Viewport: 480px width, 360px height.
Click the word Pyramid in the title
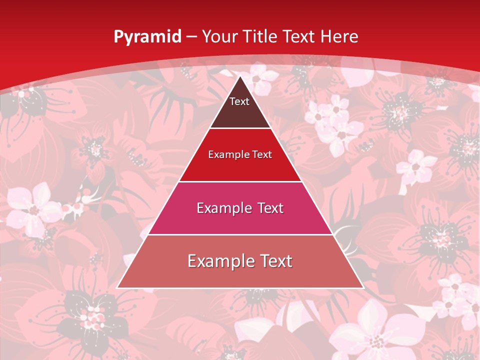(x=147, y=37)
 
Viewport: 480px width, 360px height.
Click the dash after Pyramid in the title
(x=191, y=37)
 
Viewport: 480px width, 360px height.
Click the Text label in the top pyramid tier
(x=239, y=101)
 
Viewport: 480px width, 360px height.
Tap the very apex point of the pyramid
(x=240, y=76)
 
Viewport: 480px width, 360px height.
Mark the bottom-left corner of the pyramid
(x=117, y=288)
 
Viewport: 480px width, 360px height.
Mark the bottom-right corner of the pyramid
(x=363, y=288)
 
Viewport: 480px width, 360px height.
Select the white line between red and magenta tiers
(x=240, y=181)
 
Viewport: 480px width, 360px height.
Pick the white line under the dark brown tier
(x=240, y=128)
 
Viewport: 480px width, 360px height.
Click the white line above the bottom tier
(x=240, y=234)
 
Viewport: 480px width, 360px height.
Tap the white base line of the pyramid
(x=240, y=288)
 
